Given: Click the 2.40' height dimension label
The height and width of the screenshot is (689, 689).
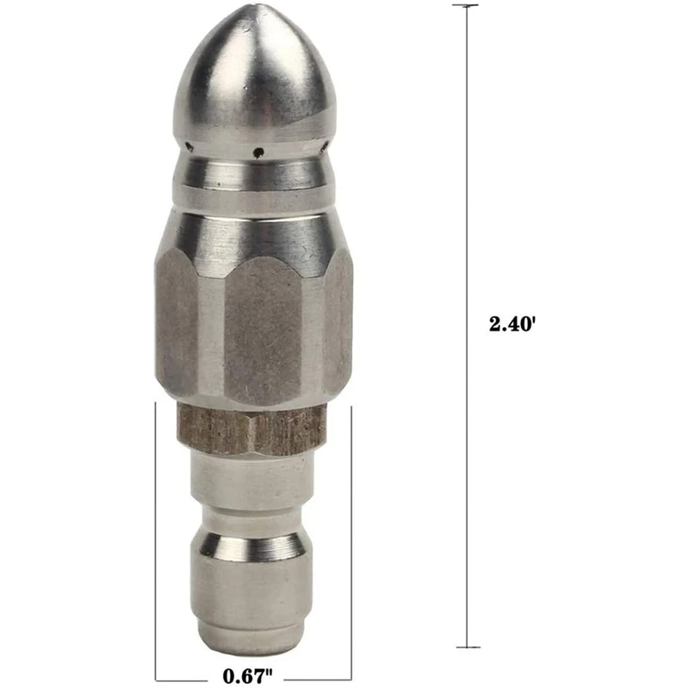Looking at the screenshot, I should [x=513, y=325].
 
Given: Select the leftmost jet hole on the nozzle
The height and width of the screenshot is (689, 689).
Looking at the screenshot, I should [x=190, y=146].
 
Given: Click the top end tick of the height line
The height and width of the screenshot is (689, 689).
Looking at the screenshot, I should [x=466, y=6].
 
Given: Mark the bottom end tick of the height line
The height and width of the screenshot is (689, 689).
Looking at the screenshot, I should [x=466, y=647].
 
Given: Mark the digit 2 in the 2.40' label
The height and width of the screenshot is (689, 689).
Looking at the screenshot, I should [x=494, y=325].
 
